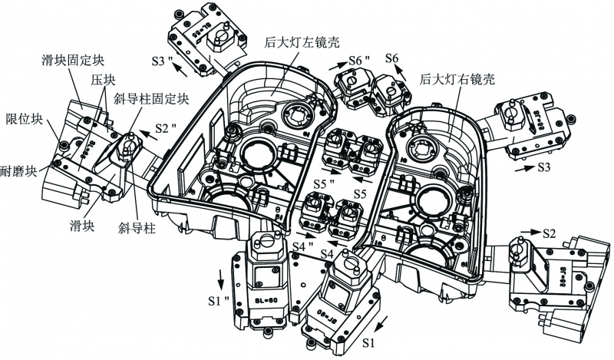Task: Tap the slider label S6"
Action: pyautogui.click(x=358, y=59)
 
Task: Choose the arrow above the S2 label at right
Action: pyautogui.click(x=531, y=228)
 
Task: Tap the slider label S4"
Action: pyautogui.click(x=305, y=246)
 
